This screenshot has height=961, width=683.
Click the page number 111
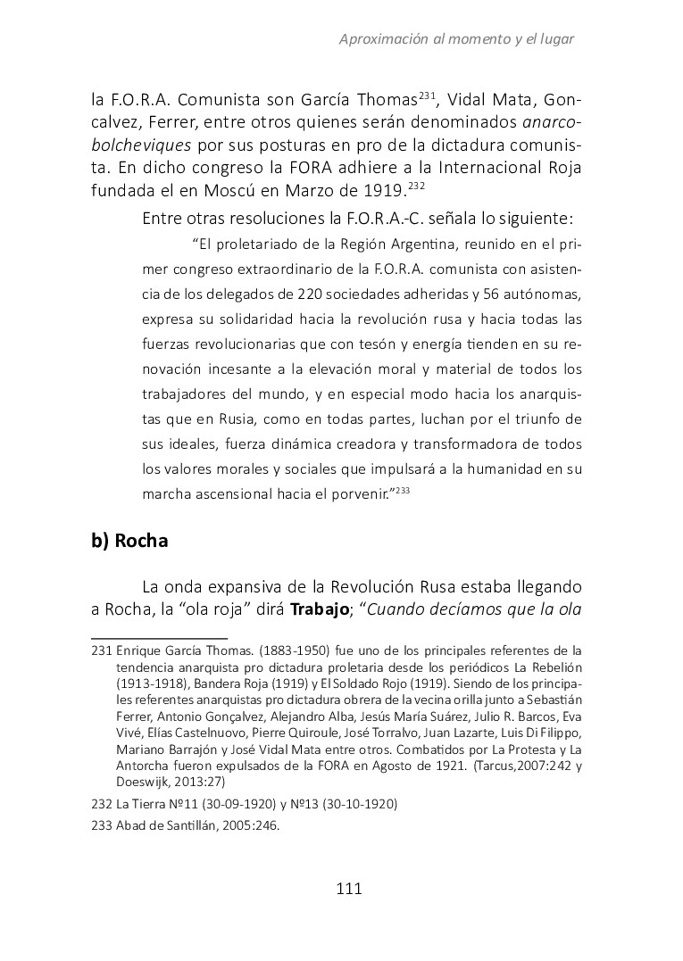[x=348, y=888]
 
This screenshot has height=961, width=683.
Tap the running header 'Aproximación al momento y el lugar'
[x=456, y=39]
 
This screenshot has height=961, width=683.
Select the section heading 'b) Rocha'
[x=129, y=541]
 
